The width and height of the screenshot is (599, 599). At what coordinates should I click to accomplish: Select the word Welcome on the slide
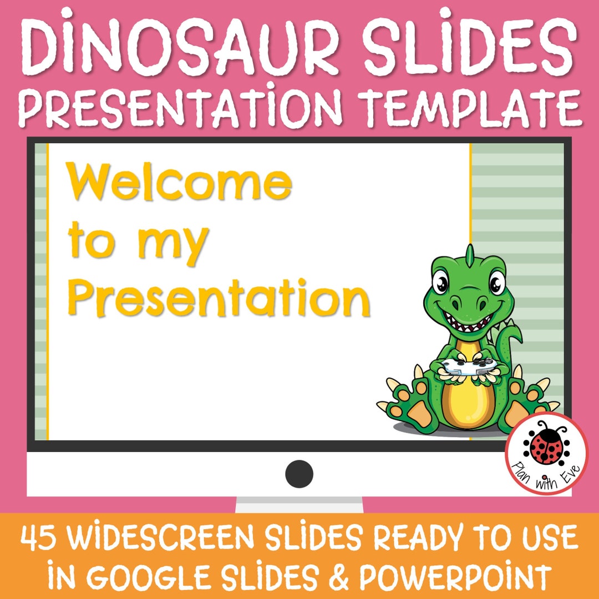click(x=179, y=183)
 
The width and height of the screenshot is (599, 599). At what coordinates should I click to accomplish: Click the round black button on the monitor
click(x=299, y=474)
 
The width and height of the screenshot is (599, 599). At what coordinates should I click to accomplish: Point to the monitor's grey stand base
click(x=299, y=505)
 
